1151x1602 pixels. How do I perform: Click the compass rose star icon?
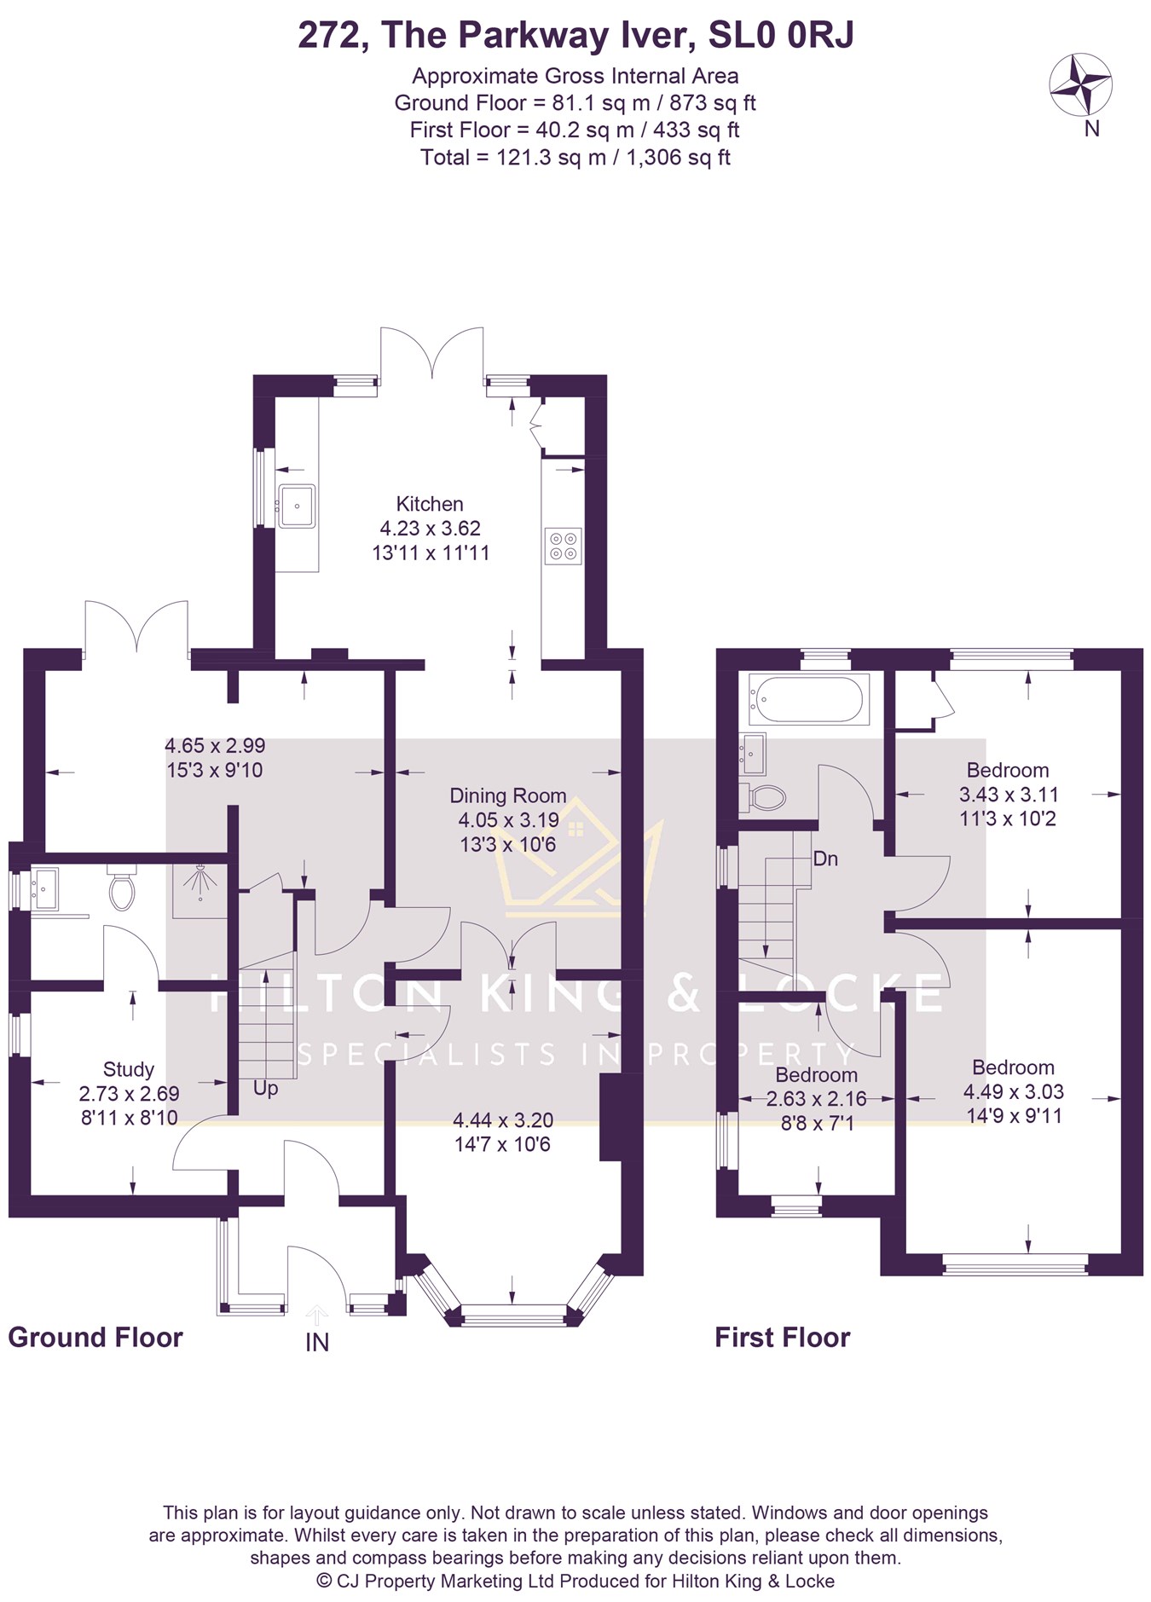coord(1079,85)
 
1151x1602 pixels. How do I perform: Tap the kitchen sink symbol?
coord(296,506)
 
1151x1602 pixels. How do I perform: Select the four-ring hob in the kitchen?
coord(563,546)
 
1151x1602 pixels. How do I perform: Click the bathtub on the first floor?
coord(808,699)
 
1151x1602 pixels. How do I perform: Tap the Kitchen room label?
coord(430,504)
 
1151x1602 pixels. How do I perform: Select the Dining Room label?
coord(508,795)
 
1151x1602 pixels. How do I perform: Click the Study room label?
coord(129,1069)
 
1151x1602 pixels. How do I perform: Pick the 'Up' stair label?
coord(265,1089)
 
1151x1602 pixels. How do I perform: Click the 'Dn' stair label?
coord(825,859)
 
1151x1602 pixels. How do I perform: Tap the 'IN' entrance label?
coord(317,1343)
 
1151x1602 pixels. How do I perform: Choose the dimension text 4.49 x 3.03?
coord(1014,1092)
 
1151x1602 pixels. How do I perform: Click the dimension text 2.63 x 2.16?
coord(817,1099)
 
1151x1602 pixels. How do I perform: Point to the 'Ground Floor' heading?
coord(95,1338)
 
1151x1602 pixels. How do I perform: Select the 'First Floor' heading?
coord(783,1338)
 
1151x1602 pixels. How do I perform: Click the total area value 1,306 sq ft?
coord(679,158)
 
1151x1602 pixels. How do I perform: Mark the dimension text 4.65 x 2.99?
coord(215,746)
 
